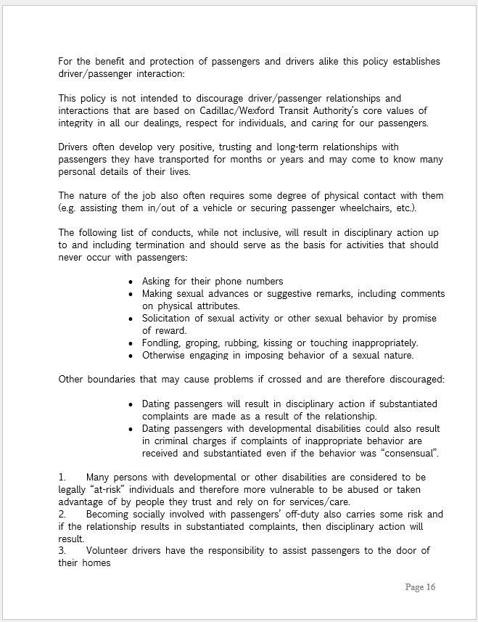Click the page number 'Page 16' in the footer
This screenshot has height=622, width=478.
coord(420,586)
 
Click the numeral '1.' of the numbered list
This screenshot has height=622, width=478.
coord(62,478)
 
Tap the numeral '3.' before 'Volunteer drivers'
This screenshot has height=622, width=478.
coord(62,551)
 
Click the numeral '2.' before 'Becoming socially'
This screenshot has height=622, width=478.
coord(62,515)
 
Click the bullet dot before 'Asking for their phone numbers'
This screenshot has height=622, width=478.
coord(131,282)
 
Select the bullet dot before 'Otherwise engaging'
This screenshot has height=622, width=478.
coord(131,356)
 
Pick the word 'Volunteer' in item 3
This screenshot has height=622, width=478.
coord(109,551)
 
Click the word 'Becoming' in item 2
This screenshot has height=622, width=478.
coord(109,515)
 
